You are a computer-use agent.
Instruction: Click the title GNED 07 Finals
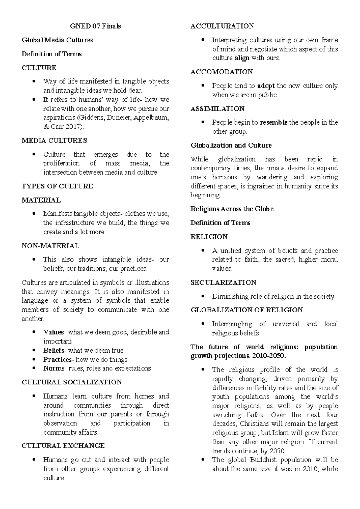coord(95,26)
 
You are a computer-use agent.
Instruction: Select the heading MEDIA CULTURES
coord(54,140)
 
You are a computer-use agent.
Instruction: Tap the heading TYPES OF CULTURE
coord(57,186)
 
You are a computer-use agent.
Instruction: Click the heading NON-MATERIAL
coord(50,246)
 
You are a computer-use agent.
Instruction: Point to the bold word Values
coord(54,332)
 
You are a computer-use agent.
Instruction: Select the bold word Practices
coord(57,360)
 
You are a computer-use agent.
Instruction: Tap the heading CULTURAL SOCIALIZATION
coord(72,382)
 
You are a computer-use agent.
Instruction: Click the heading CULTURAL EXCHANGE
coord(63,446)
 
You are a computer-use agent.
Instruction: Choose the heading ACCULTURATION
coord(222,26)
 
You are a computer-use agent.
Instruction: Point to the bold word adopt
coord(266,86)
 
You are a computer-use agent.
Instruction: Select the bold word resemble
coord(274,122)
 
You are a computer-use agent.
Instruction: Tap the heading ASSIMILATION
coord(217,109)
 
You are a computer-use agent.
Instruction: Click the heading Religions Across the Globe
coord(232,209)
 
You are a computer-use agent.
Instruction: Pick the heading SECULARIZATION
coord(223,283)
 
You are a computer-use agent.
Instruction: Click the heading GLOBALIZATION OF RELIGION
coord(247,310)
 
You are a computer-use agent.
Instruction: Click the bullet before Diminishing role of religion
coord(203,297)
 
